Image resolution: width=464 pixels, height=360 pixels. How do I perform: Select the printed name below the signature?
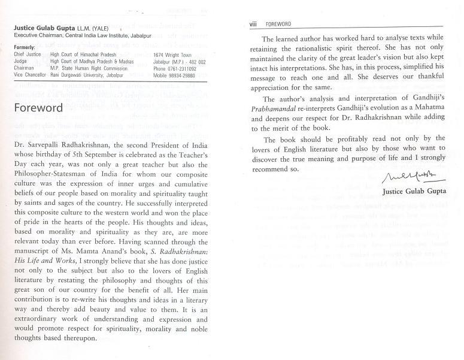click(414, 190)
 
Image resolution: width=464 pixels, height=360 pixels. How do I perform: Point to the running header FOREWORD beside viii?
click(277, 24)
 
